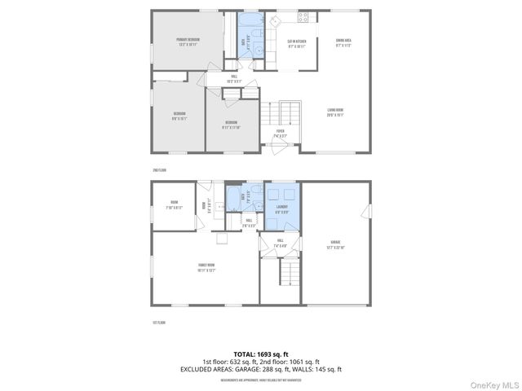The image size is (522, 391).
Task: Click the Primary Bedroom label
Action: point(188,42)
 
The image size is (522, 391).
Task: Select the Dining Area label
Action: point(343,42)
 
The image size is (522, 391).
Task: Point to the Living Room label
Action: point(335,112)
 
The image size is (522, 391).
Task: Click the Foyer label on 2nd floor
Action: point(280,133)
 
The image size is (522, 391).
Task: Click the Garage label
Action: point(335,244)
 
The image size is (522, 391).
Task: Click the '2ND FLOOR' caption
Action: point(159,169)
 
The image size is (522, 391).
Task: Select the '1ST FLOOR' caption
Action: point(159,323)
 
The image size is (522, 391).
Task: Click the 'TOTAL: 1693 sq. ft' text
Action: point(261,354)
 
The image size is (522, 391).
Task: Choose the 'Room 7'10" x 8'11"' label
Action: point(174,204)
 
